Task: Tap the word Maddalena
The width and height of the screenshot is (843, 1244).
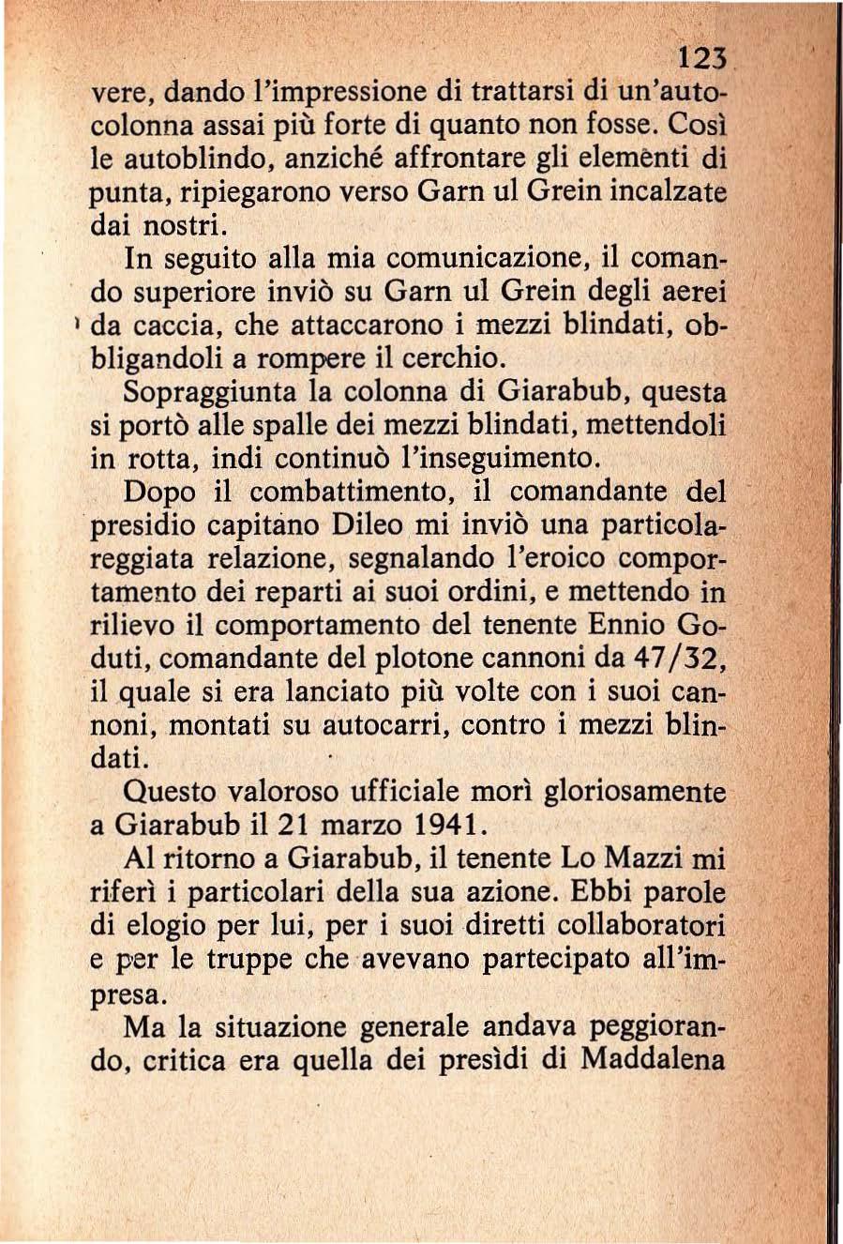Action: pos(654,1060)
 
